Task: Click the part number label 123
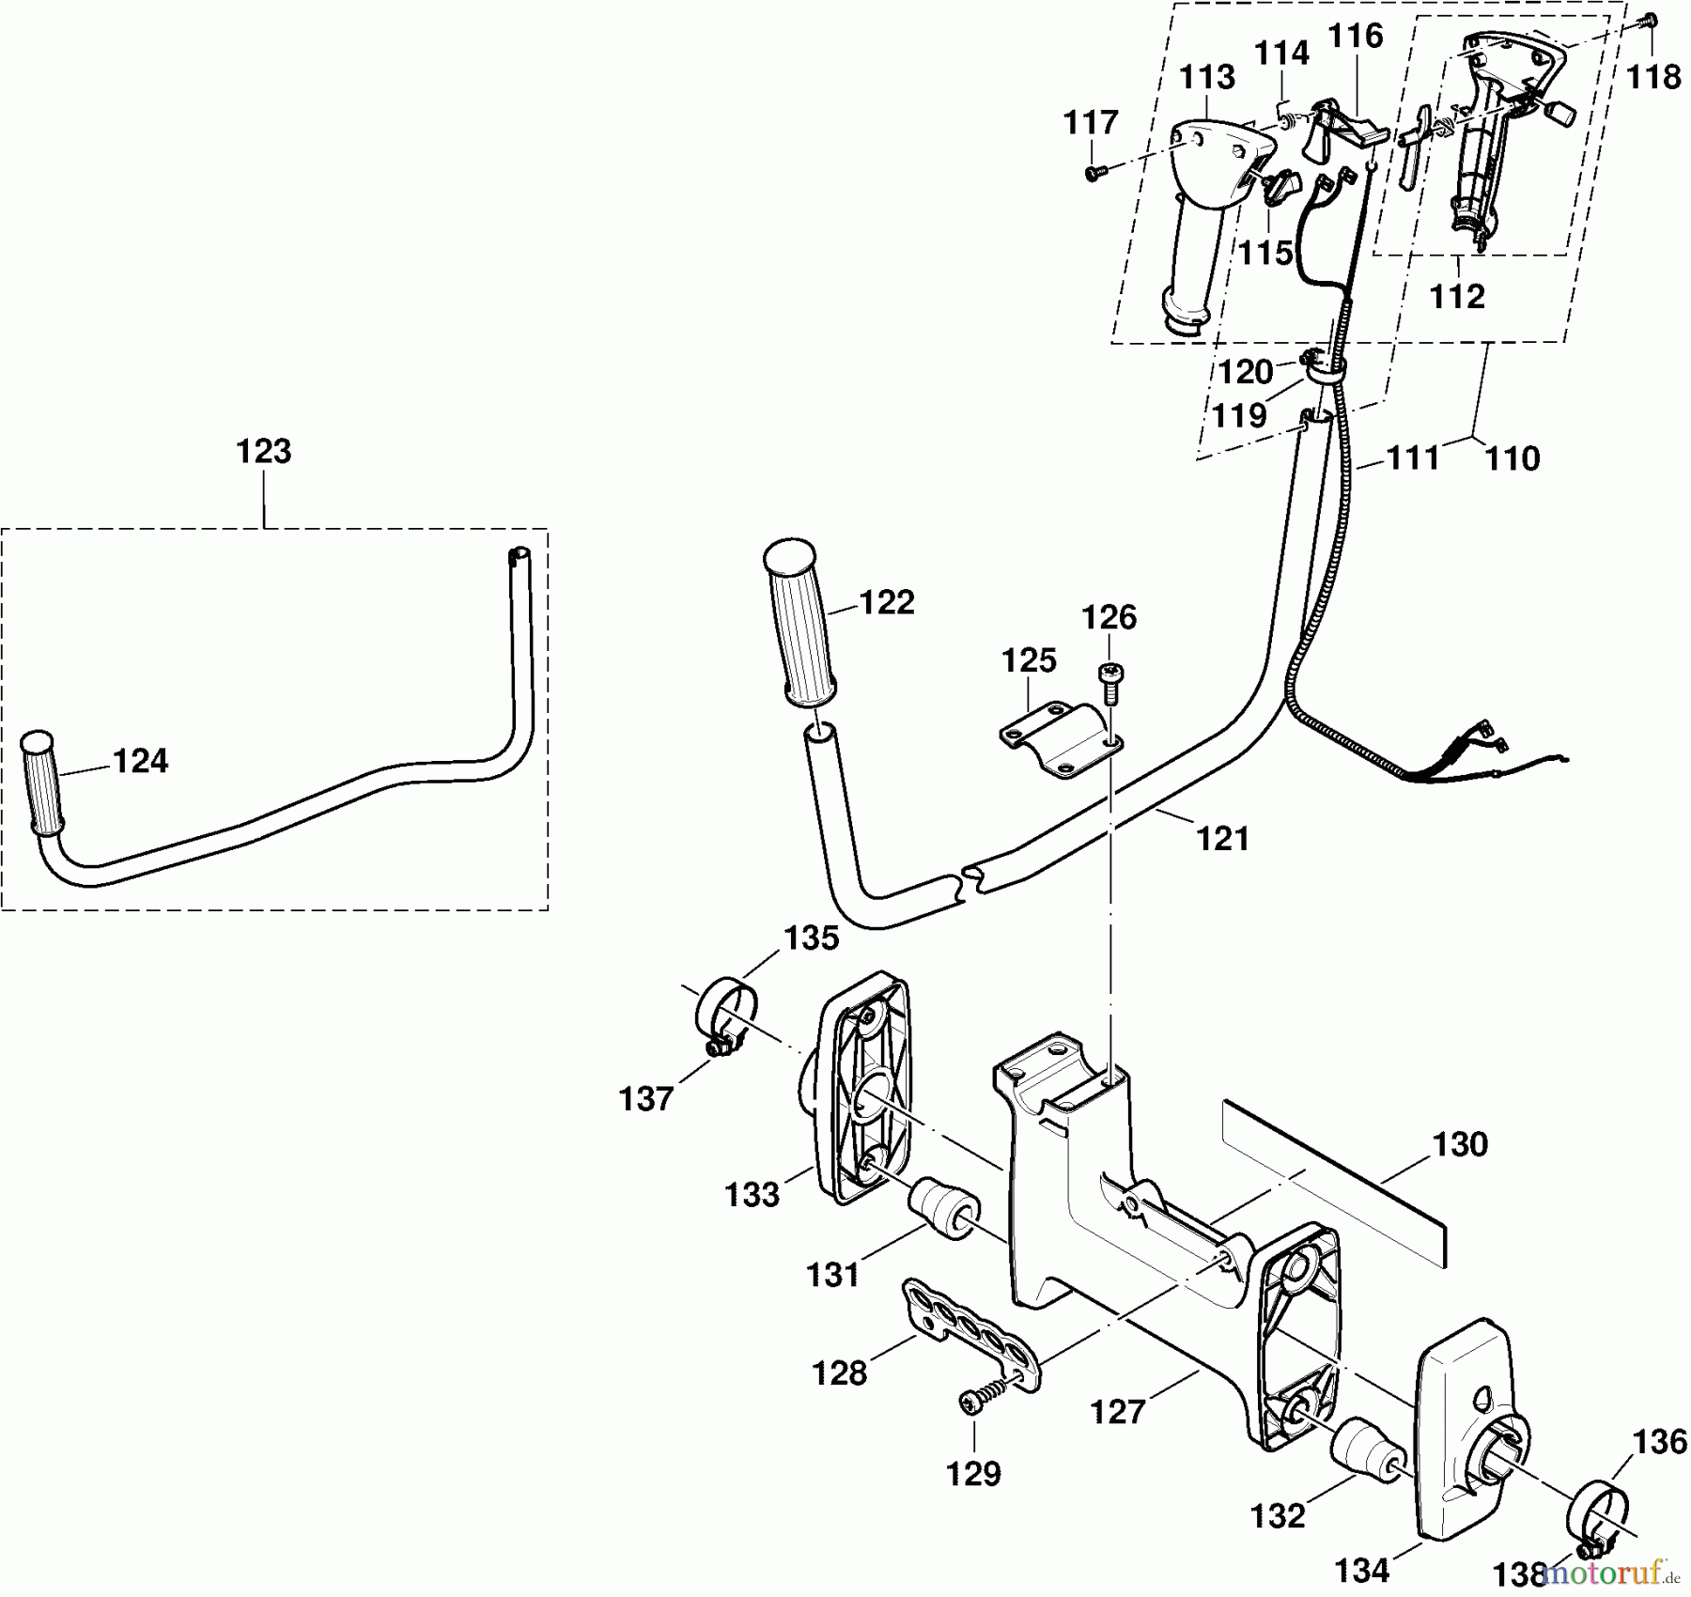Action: point(264,452)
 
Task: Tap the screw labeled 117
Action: point(1093,173)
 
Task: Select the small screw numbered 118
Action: point(1651,20)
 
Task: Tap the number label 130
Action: point(1460,1145)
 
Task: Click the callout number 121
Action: point(1222,838)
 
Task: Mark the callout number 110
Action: point(1513,458)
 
